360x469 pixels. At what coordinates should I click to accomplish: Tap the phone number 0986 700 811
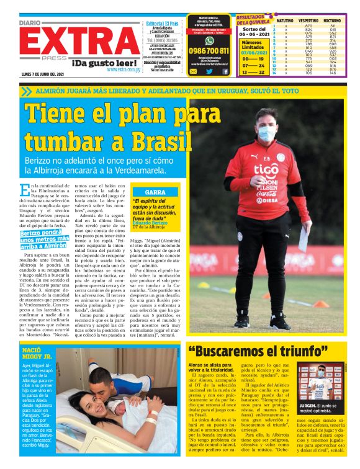click(209, 51)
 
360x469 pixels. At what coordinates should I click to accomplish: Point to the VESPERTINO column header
click(308, 20)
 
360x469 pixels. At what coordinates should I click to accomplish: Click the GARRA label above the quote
click(155, 192)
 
